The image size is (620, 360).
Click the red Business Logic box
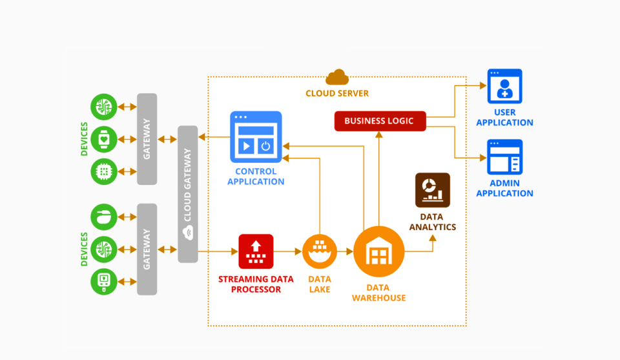380,121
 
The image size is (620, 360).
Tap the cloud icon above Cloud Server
337,78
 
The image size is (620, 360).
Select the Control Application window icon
256,136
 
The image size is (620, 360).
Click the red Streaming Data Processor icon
256,251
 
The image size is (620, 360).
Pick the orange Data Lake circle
320,251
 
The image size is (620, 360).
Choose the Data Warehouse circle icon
378,251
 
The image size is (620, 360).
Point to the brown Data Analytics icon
432,190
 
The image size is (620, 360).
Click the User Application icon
504,87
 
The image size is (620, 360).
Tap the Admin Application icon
504,157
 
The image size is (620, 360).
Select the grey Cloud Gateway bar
187,194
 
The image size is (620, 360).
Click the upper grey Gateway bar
147,138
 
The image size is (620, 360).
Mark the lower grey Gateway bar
147,249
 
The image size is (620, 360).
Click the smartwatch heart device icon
104,138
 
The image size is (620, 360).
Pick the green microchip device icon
104,171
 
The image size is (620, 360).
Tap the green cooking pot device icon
104,217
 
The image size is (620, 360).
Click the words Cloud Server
337,94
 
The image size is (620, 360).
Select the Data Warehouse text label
378,293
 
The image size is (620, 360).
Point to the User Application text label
504,118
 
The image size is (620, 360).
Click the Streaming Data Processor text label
256,284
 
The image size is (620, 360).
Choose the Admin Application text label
504,188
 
